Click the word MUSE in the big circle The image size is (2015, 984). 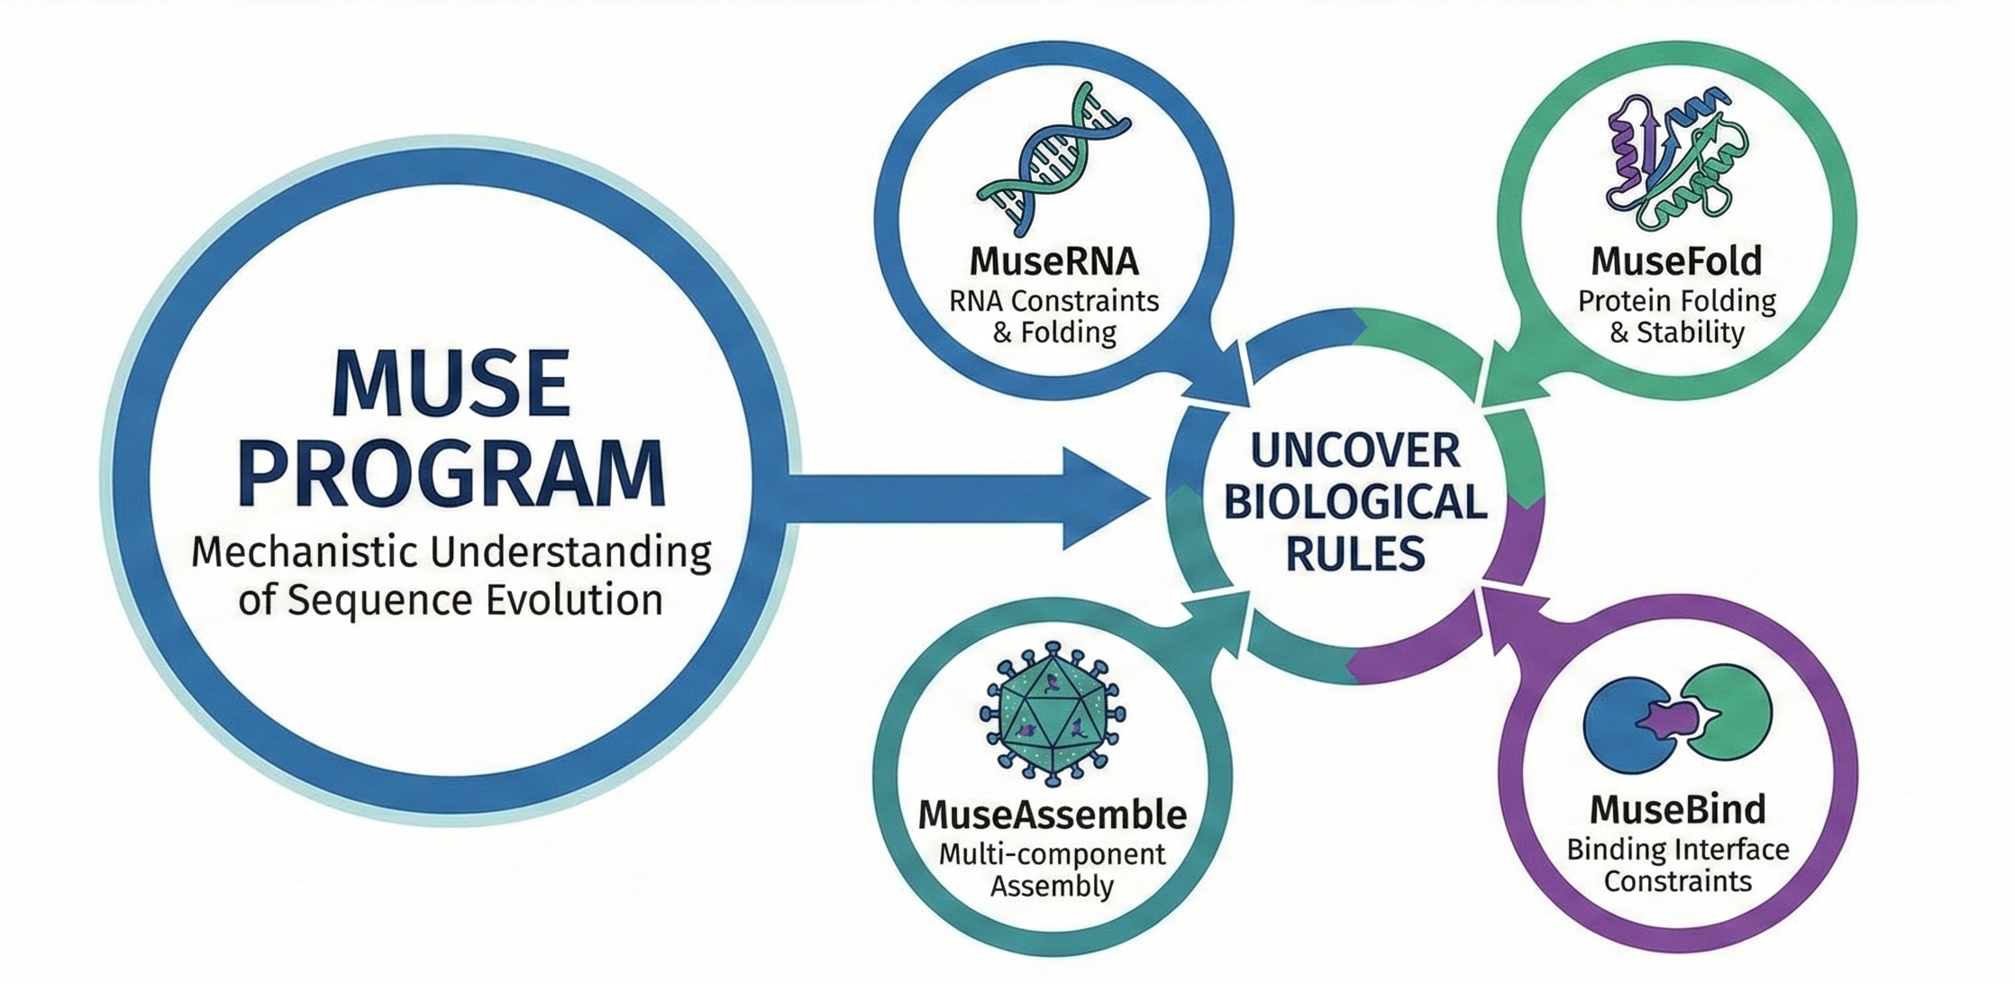point(451,383)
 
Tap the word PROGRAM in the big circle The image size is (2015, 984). point(454,475)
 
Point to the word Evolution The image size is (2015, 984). point(575,600)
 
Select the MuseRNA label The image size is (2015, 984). point(1053,261)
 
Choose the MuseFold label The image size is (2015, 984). point(1676,261)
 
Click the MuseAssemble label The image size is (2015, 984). point(1053,815)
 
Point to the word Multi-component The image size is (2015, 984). point(1053,853)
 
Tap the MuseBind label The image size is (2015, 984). point(1677,809)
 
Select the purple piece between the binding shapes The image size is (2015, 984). point(1665,720)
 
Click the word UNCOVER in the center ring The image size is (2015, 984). point(1355,451)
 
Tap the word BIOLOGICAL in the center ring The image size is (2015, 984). point(1355,502)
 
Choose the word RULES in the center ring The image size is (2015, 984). point(1355,552)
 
